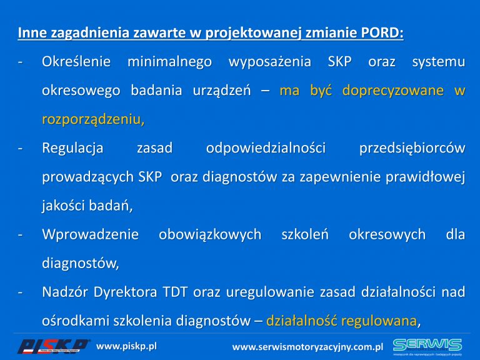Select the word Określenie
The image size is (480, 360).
pyautogui.click(x=76, y=61)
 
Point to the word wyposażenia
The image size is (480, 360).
pyautogui.click(x=270, y=62)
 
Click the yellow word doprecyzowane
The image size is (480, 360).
pyautogui.click(x=392, y=91)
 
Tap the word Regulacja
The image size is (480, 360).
pyautogui.click(x=72, y=149)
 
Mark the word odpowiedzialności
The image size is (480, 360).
pyautogui.click(x=266, y=149)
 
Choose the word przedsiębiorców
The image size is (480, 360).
pyautogui.click(x=412, y=149)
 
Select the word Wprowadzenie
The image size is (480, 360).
pyautogui.click(x=90, y=235)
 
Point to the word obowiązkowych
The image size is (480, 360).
pyautogui.click(x=210, y=235)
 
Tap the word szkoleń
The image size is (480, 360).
pyautogui.click(x=305, y=234)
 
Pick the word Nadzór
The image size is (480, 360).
pyautogui.click(x=65, y=292)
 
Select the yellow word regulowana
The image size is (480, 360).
pyautogui.click(x=379, y=321)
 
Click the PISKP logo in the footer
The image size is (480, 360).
pyautogui.click(x=53, y=346)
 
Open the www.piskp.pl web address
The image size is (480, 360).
pyautogui.click(x=126, y=346)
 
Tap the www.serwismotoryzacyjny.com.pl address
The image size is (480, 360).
pyautogui.click(x=307, y=347)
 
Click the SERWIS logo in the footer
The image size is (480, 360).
pyautogui.click(x=427, y=346)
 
